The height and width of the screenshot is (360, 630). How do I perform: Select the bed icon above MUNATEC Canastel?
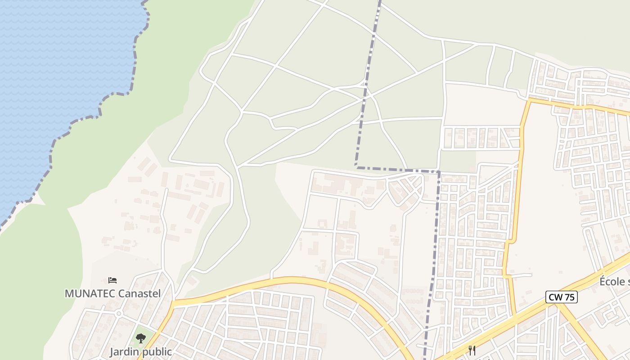point(112,280)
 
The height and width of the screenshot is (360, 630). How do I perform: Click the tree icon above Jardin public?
point(141,338)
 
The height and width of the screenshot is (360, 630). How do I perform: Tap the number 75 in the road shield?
point(569,297)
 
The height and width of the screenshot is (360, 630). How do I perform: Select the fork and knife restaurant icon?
point(472,351)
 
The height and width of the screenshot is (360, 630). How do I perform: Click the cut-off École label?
point(614,282)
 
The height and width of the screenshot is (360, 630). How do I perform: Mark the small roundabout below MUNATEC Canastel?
point(119,313)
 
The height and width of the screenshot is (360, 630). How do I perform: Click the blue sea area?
point(54,67)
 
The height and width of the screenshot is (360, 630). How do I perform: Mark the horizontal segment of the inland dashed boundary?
point(396,170)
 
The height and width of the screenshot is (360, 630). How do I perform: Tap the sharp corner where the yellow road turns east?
point(530,100)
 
